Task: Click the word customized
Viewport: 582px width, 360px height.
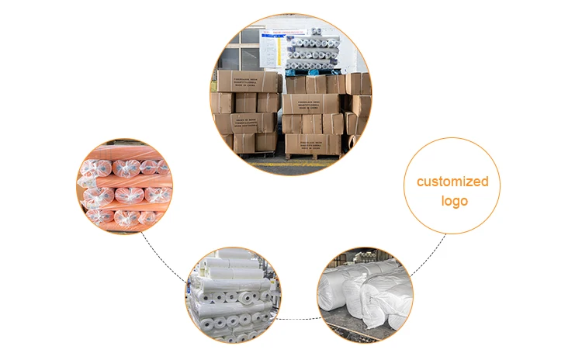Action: click(452, 182)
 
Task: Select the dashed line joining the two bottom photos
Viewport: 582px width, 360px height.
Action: click(300, 318)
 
